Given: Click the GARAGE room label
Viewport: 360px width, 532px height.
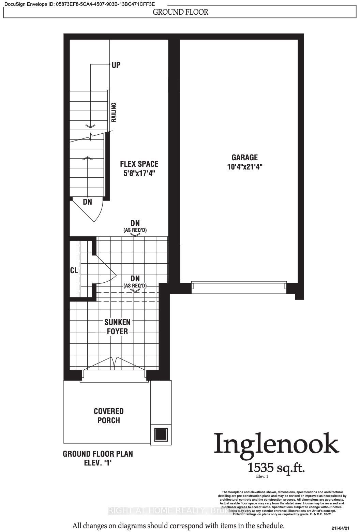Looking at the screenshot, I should click(x=244, y=158).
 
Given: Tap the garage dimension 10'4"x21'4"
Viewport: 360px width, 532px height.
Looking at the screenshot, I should click(x=244, y=167).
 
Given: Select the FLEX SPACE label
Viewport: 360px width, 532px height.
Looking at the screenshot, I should click(x=139, y=164).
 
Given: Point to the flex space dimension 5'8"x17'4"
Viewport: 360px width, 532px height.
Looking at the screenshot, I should click(x=139, y=173).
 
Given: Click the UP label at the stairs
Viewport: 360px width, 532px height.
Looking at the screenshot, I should click(x=116, y=65).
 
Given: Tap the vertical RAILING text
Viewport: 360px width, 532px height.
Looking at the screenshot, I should click(x=114, y=112).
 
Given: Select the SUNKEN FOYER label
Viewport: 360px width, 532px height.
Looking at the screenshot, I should click(x=118, y=327).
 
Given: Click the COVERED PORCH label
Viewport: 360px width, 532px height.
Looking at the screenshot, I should click(x=109, y=416).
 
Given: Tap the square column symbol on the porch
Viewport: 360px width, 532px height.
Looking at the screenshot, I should click(x=160, y=434).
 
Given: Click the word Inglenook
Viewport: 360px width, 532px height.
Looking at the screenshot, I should click(x=276, y=444).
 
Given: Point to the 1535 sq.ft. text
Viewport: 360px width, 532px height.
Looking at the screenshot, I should click(x=276, y=467).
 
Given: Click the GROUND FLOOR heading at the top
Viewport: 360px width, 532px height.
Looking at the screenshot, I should click(x=180, y=12).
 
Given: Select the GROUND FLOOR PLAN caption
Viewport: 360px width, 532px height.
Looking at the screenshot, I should click(x=98, y=454).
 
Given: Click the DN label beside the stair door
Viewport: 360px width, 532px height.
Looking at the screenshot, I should click(x=88, y=202).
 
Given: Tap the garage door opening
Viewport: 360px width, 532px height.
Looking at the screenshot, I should click(x=239, y=287).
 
